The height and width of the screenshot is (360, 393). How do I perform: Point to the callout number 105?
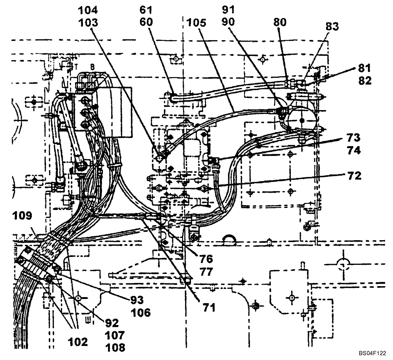(x=198, y=23)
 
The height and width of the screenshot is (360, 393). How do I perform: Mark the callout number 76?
(x=206, y=259)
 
